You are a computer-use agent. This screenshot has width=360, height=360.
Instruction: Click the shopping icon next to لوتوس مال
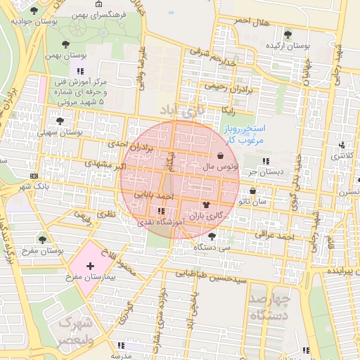point(221,156)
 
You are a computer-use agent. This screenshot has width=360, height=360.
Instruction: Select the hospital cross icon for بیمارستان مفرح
point(90,266)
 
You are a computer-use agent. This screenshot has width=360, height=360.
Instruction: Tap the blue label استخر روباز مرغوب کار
point(244,134)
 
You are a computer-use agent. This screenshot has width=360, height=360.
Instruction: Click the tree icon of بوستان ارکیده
point(287,34)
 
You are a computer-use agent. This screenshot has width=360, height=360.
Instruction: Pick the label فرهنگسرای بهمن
point(97,13)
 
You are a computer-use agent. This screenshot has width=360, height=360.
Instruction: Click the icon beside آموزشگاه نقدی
point(162,210)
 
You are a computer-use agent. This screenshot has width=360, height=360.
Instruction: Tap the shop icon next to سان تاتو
point(253,191)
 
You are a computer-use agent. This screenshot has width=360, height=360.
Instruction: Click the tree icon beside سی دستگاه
point(212,236)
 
